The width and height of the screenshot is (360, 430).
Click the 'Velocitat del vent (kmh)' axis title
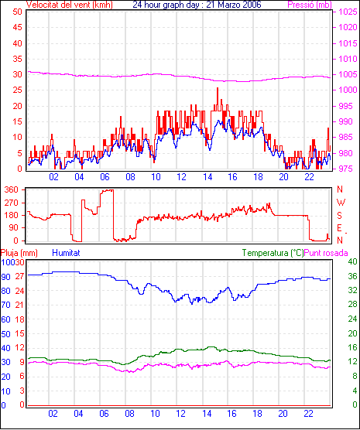pos(69,5)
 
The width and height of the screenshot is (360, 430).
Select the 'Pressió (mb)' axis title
pos(310,5)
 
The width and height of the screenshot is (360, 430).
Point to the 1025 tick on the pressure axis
pos(348,12)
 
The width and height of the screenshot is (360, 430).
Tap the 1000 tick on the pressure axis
pos(348,90)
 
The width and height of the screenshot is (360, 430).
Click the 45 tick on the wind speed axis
pos(17,27)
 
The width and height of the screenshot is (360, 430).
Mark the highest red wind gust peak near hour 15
pos(218,88)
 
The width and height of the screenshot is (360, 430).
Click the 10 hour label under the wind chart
pos(156,177)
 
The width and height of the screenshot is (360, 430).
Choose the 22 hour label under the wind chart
pos(309,177)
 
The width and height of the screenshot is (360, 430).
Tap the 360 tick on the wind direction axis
pos(12,189)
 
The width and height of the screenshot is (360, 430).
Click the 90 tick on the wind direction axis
pos(13,228)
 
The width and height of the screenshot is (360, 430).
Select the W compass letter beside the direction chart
pos(341,203)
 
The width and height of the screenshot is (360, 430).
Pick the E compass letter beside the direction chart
pos(339,228)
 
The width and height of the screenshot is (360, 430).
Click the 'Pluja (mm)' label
pos(19,253)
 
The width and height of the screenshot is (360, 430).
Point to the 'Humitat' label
pos(66,253)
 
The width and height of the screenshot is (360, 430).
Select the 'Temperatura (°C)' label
pos(273,253)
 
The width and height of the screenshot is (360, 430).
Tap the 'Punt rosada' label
pos(326,253)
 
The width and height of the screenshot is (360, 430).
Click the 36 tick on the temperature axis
pos(352,276)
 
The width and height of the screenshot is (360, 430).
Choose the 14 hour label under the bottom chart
pos(207,413)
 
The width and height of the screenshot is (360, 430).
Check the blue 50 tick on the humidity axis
pos(5,334)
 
